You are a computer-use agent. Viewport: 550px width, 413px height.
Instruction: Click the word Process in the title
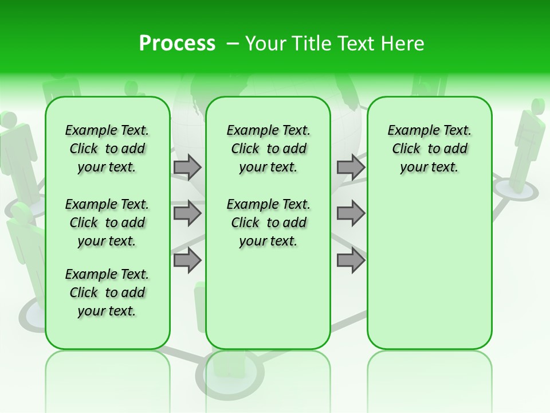click(x=177, y=44)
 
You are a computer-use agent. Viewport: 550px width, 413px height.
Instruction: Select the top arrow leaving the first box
click(x=187, y=167)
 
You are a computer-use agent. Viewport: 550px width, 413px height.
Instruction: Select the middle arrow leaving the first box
click(x=187, y=213)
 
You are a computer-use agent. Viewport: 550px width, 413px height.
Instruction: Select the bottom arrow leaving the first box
click(x=187, y=260)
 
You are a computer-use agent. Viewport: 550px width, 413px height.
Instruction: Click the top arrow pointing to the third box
click(x=351, y=167)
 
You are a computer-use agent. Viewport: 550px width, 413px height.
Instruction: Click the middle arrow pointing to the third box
click(x=351, y=213)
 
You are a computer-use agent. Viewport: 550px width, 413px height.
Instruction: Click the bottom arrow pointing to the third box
click(x=351, y=260)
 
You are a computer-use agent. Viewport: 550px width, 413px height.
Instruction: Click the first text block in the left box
click(x=107, y=149)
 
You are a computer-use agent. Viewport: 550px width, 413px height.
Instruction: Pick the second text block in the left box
click(x=107, y=223)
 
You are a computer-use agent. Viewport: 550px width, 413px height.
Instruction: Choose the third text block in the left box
click(x=107, y=293)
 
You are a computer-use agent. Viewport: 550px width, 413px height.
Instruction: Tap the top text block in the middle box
click(x=268, y=149)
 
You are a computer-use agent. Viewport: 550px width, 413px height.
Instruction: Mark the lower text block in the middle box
click(x=268, y=223)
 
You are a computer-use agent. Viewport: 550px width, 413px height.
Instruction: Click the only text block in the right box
click(x=429, y=149)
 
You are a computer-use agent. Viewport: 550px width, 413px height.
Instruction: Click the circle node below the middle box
click(x=210, y=376)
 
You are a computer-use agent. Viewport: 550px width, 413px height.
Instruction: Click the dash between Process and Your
click(x=232, y=44)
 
